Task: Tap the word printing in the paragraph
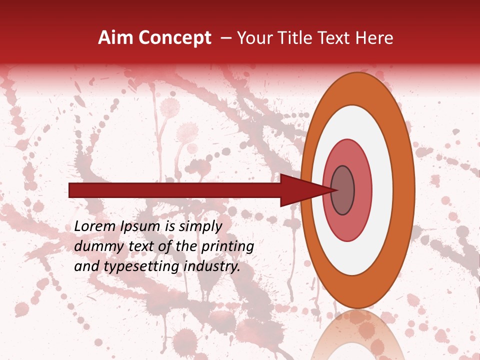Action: click(227, 246)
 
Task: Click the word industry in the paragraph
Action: click(212, 266)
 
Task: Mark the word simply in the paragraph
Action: click(200, 227)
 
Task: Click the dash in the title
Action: click(225, 38)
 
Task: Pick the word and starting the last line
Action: click(86, 266)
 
